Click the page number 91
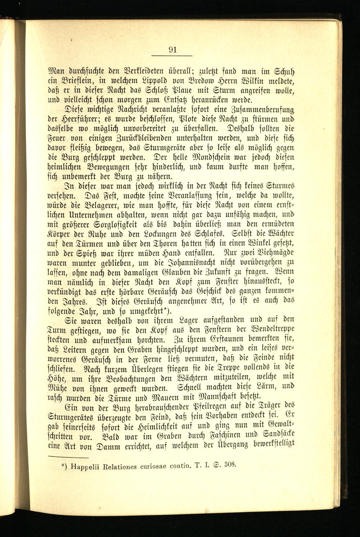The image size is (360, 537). click(x=172, y=50)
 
